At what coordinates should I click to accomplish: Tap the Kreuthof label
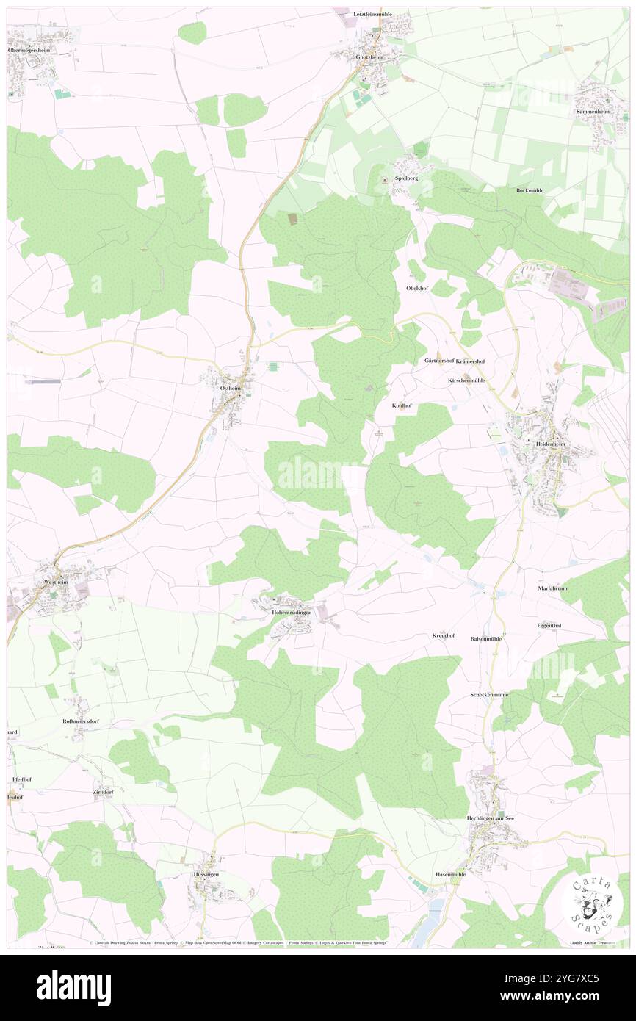[x=443, y=635]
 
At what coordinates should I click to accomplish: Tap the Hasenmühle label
[x=451, y=874]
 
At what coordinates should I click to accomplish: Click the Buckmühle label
[x=529, y=190]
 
